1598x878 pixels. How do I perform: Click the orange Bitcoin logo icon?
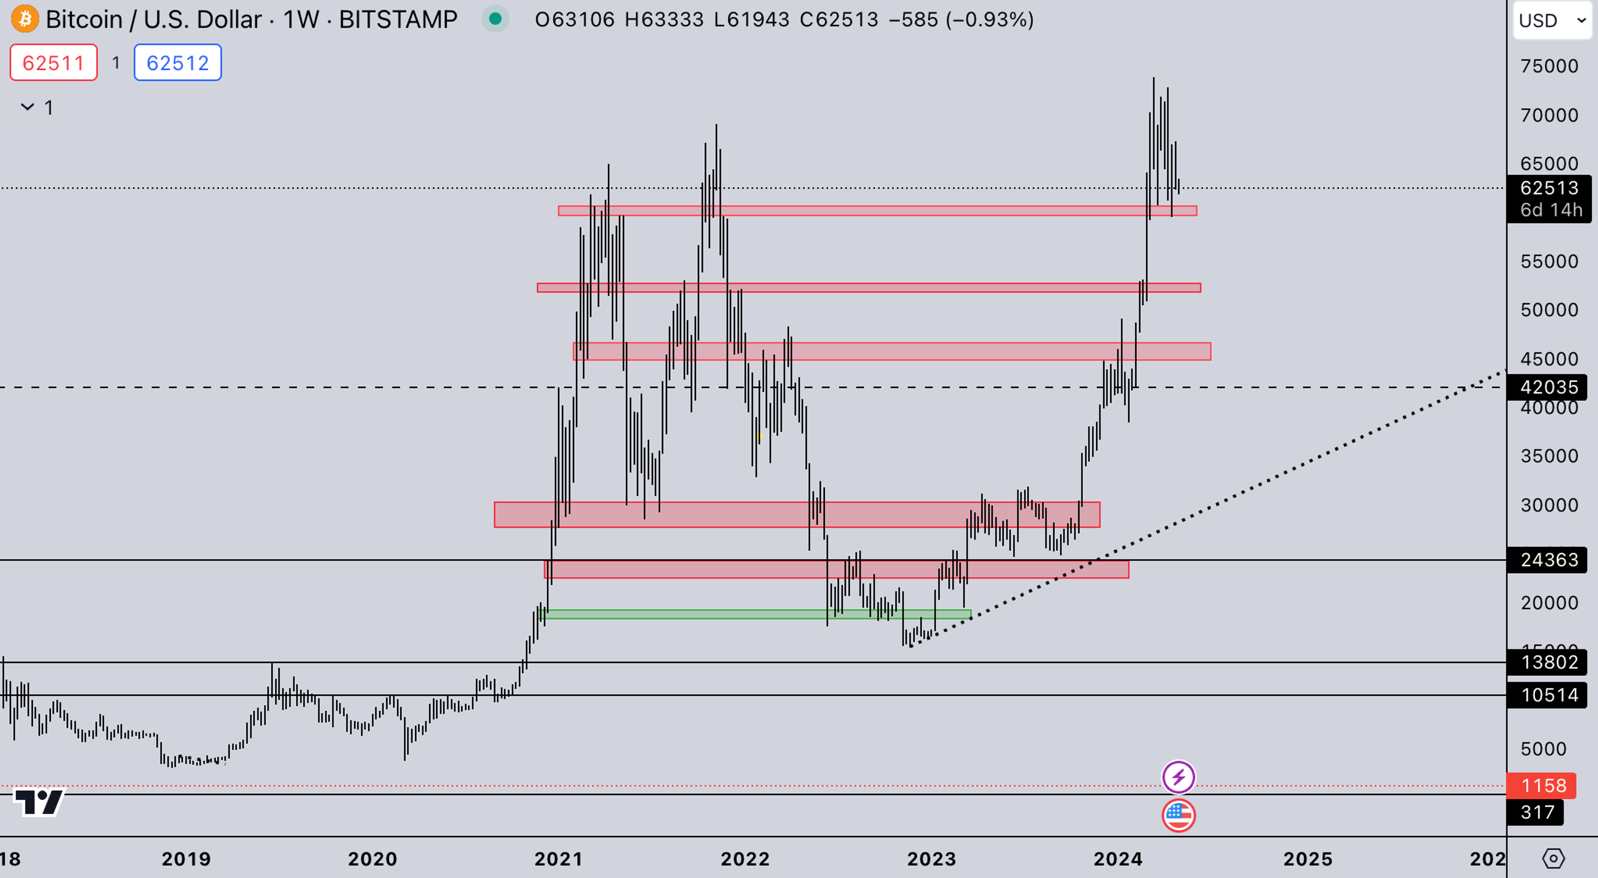pos(25,19)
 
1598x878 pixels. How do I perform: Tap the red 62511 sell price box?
pos(53,63)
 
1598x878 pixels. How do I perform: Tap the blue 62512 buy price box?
pos(177,63)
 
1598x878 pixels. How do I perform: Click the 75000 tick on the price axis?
pos(1549,66)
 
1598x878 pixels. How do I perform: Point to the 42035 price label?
pos(1549,387)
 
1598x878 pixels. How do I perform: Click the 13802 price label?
pos(1549,662)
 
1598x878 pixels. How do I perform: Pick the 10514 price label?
pos(1549,695)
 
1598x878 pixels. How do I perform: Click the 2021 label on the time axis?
pos(558,859)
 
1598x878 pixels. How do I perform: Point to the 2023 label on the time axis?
pos(931,859)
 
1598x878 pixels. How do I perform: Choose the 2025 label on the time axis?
pos(1308,859)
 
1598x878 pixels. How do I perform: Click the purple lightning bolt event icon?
pos(1178,777)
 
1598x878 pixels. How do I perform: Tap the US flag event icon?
pos(1178,815)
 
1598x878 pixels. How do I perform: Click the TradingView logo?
pos(38,802)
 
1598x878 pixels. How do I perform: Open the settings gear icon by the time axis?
pos(1553,859)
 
